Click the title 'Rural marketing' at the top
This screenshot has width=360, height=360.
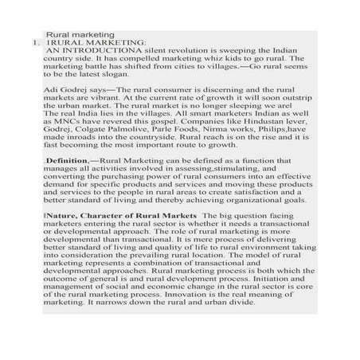pos(81,34)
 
